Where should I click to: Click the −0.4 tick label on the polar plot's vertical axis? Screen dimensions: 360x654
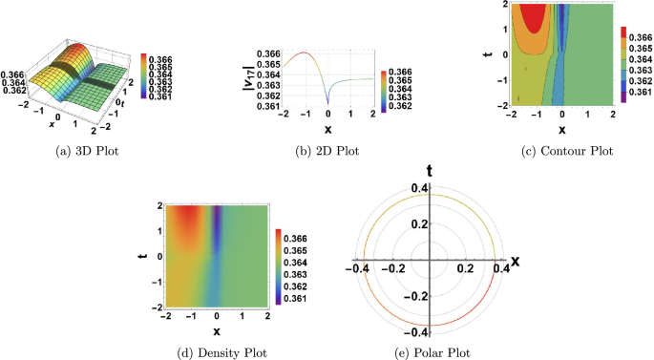click(x=412, y=331)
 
